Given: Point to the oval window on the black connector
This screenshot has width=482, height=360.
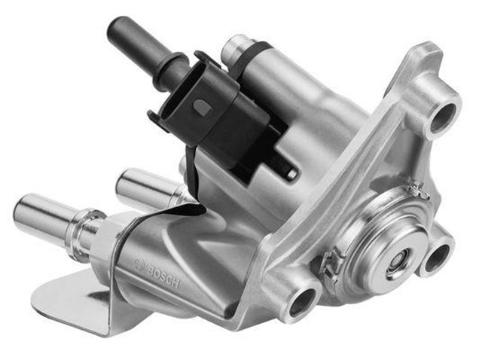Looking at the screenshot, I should point(201,108).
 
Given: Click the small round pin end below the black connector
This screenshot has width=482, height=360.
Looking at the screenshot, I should point(289,173).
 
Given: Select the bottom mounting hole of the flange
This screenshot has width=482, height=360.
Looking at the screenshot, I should point(302,301).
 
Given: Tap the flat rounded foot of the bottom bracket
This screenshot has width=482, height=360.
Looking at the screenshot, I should point(60,297).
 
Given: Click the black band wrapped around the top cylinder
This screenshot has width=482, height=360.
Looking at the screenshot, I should point(256,54).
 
